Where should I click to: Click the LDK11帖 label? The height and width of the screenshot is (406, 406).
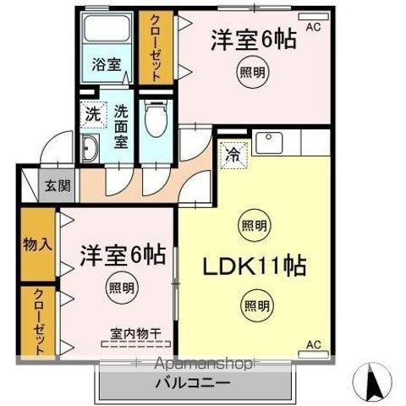coord(252,266)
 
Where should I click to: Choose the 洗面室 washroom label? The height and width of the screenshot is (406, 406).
coord(121,126)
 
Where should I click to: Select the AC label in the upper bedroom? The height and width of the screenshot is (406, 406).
coord(313,27)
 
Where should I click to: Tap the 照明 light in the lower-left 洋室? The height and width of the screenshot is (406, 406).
coord(119,288)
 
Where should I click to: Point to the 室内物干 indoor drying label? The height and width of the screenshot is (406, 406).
coord(136,332)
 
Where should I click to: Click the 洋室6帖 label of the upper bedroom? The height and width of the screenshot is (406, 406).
coord(252,39)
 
